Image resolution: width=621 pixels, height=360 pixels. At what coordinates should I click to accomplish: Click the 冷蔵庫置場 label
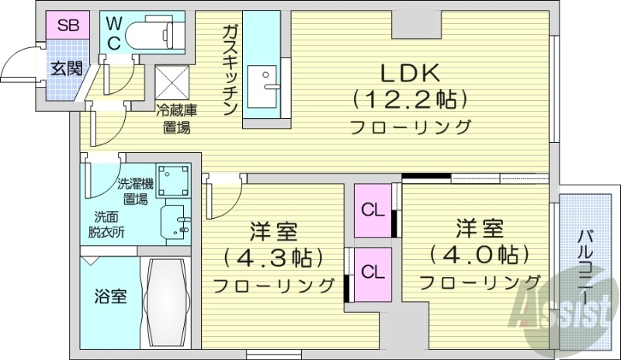pos(176,119)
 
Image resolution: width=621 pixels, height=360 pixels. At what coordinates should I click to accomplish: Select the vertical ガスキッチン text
pos(230,70)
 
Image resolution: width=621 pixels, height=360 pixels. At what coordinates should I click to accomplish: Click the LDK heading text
pos(410,72)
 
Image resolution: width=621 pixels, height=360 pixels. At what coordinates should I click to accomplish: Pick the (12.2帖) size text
pos(410,99)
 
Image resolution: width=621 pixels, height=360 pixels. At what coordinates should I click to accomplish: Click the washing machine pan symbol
pos(173,180)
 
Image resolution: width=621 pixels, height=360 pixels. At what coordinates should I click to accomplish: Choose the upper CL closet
pos(373,209)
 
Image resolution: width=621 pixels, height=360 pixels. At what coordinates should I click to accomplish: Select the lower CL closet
pos(373,272)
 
